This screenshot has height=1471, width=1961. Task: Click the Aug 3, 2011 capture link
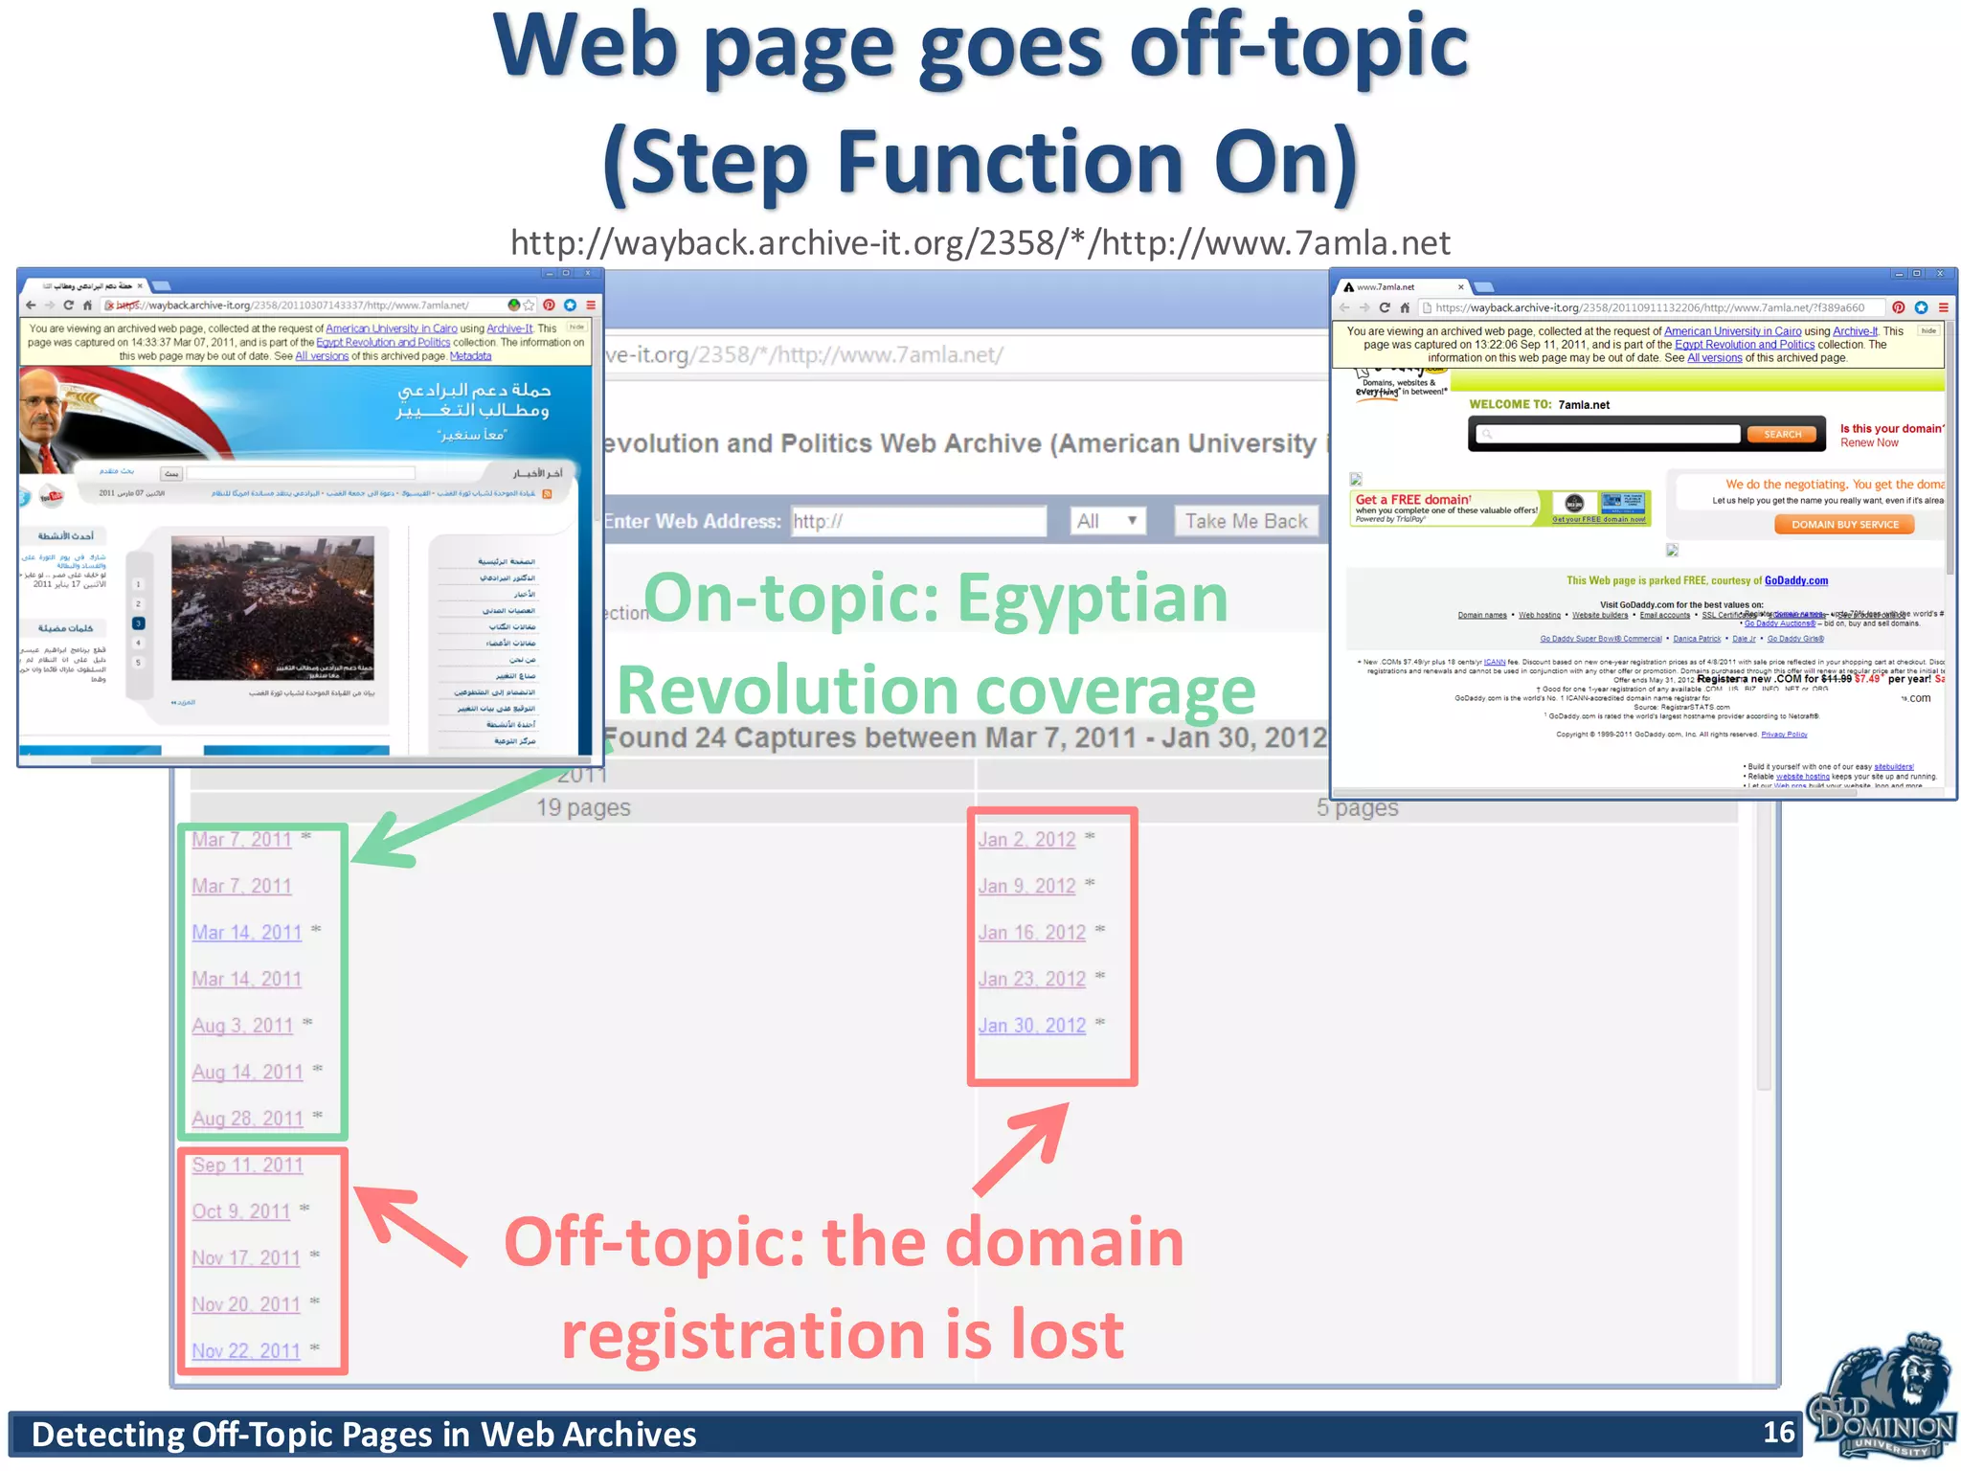(242, 1026)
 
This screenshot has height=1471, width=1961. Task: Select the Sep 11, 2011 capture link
(247, 1165)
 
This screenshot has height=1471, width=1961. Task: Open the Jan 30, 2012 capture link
(1031, 1026)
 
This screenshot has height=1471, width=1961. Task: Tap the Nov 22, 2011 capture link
(245, 1351)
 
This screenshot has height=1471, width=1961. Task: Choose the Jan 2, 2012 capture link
(1026, 840)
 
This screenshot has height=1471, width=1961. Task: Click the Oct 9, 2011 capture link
(240, 1211)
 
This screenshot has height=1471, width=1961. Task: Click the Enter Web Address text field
(917, 521)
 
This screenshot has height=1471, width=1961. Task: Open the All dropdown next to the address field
(1107, 521)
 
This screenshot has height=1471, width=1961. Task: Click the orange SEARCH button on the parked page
(1782, 435)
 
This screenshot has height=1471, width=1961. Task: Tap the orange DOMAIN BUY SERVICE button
(1844, 525)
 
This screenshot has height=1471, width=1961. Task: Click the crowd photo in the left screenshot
(272, 607)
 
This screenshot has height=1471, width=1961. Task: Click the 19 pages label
(582, 808)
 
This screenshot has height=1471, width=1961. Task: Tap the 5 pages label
(1356, 808)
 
